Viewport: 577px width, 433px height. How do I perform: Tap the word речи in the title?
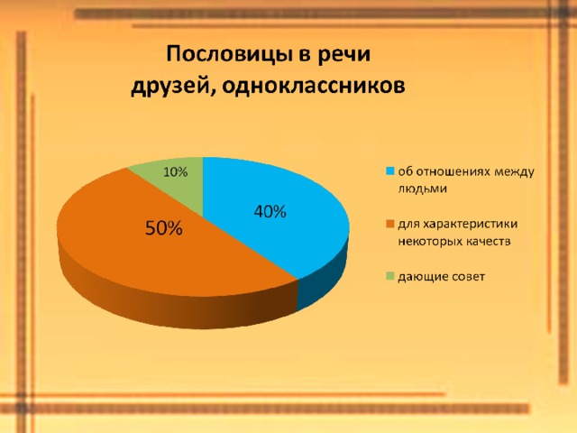pyautogui.click(x=343, y=55)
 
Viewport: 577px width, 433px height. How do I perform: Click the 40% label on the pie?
pyautogui.click(x=270, y=212)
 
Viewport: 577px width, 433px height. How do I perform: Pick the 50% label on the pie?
pyautogui.click(x=164, y=228)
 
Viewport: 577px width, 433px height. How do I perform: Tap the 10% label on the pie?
pyautogui.click(x=176, y=172)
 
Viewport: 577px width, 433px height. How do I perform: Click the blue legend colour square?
pyautogui.click(x=390, y=171)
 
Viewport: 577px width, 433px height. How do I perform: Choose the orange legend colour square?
pyautogui.click(x=390, y=224)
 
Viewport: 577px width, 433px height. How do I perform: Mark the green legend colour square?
pyautogui.click(x=390, y=276)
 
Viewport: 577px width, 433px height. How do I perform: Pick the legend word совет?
pyautogui.click(x=471, y=277)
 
